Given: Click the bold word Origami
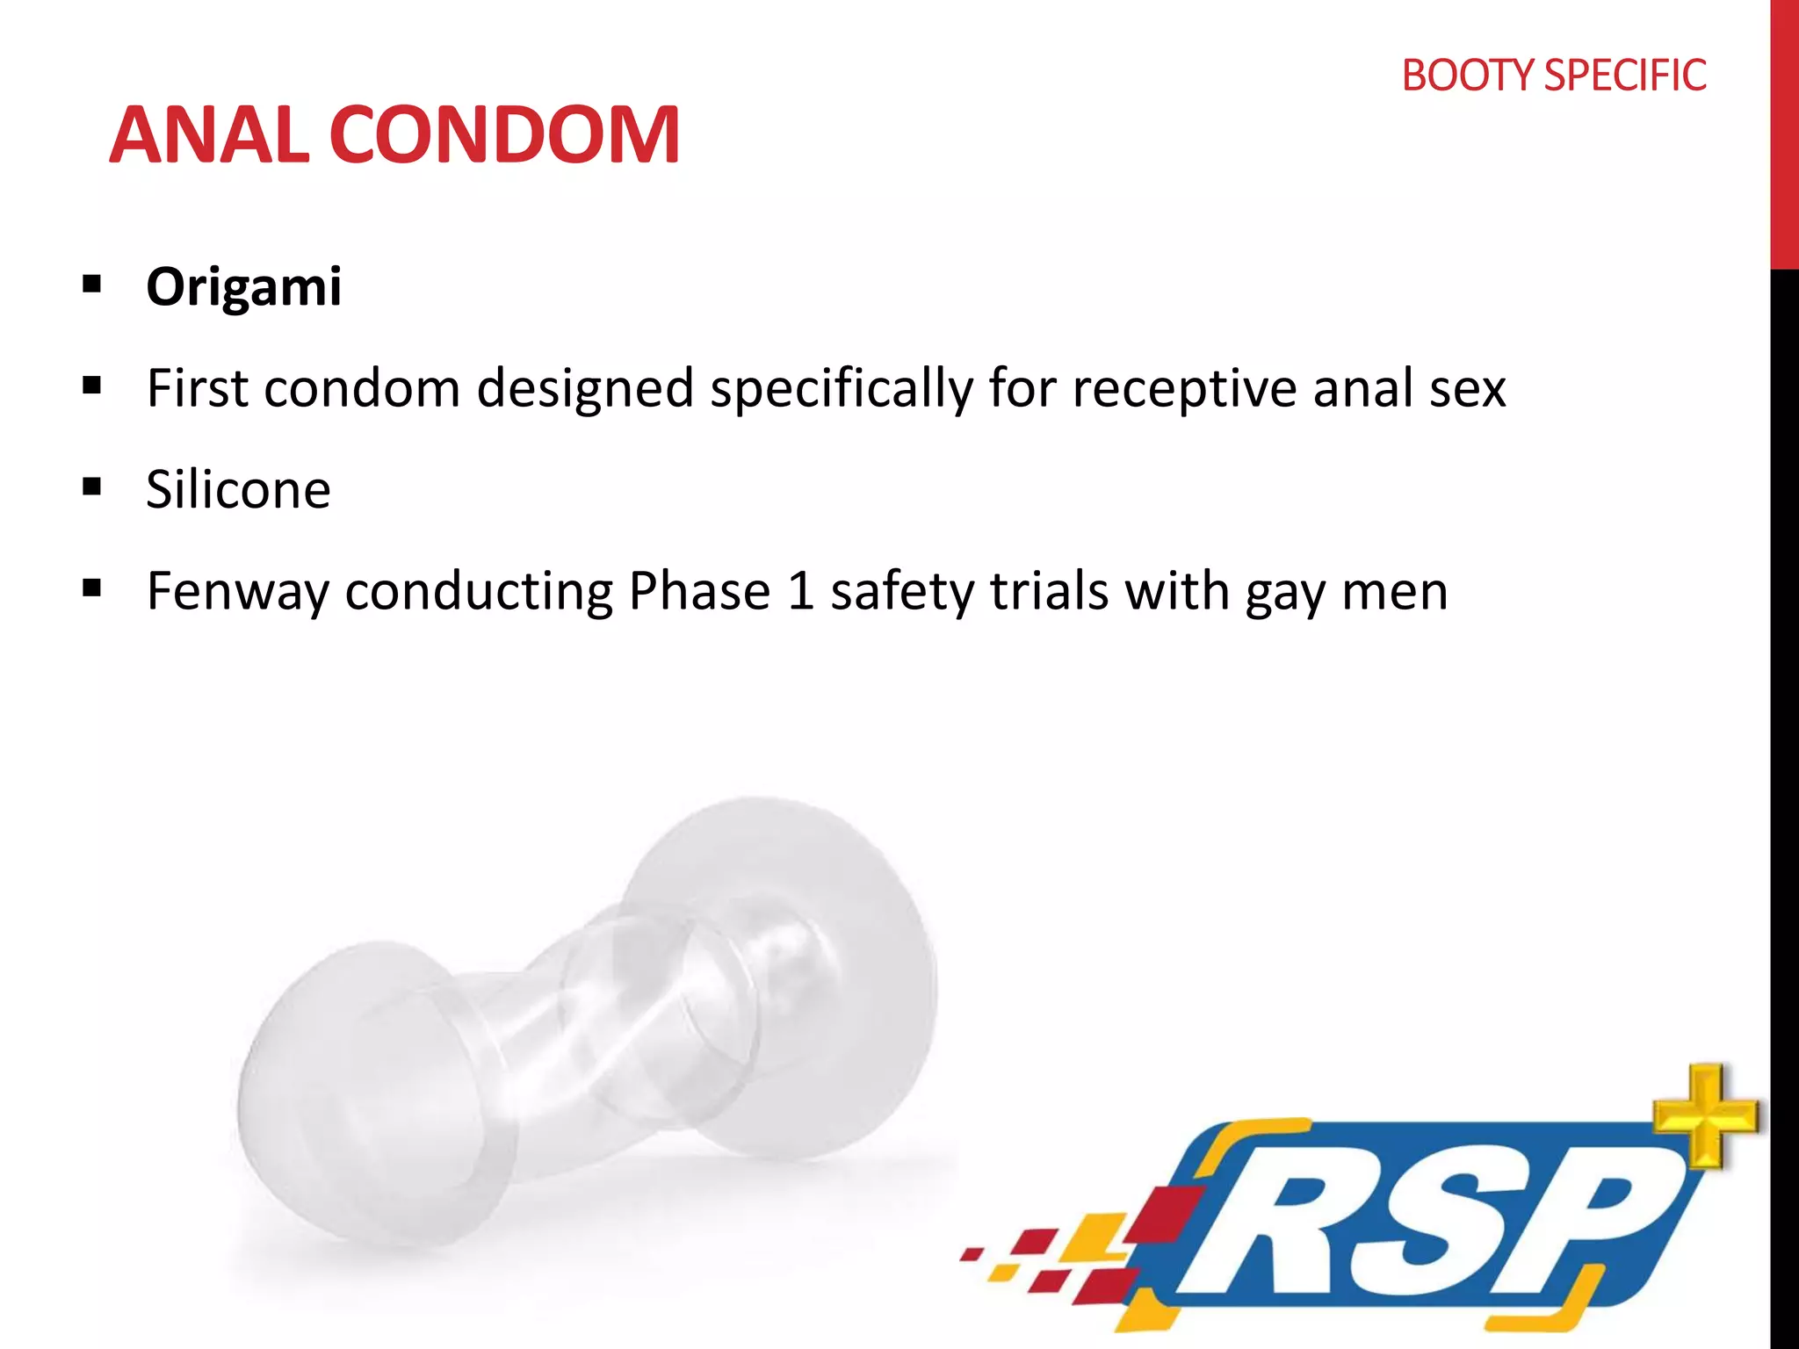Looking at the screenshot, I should point(243,287).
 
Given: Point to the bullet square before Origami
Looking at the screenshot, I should point(91,285).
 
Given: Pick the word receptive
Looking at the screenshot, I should point(1184,389).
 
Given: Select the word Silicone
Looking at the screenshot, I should point(238,489).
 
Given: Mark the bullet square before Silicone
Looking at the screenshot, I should point(91,487).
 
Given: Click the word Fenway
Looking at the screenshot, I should point(237,592).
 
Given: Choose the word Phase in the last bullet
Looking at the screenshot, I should point(699,590).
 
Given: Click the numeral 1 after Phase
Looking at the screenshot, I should point(801,590).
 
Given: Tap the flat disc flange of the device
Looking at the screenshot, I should point(791,949).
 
